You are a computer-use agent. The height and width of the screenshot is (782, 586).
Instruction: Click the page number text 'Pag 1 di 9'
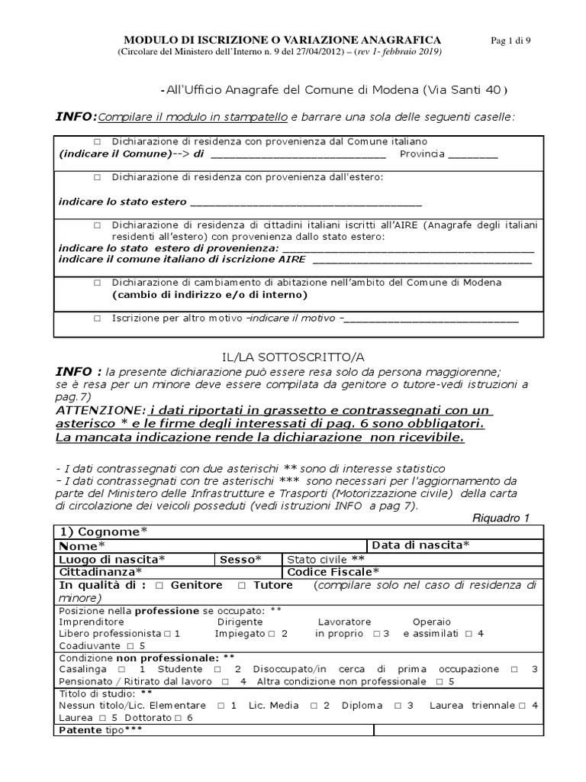[509, 40]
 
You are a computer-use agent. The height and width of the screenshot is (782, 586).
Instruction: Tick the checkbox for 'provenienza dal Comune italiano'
[97, 142]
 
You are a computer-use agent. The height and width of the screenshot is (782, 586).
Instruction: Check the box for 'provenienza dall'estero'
[97, 177]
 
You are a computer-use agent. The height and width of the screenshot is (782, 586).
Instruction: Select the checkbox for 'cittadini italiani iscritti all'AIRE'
[97, 226]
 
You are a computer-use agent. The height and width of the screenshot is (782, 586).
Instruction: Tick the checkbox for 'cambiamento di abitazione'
[97, 283]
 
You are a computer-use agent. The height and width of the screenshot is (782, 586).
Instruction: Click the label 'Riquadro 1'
[501, 519]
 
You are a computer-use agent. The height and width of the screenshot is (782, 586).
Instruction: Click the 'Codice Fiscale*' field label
[333, 571]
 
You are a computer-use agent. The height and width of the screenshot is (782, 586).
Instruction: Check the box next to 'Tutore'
[241, 585]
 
